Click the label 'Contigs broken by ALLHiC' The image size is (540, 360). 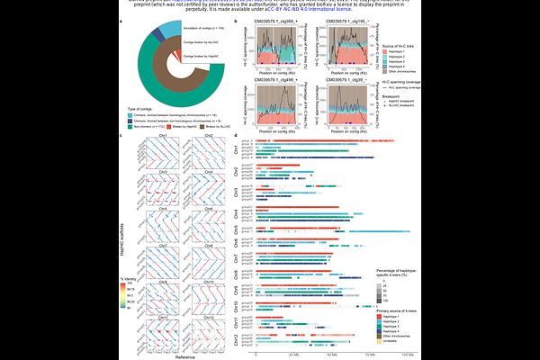[201, 42]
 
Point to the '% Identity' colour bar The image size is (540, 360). [126, 301]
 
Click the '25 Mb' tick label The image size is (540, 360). [294, 355]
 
